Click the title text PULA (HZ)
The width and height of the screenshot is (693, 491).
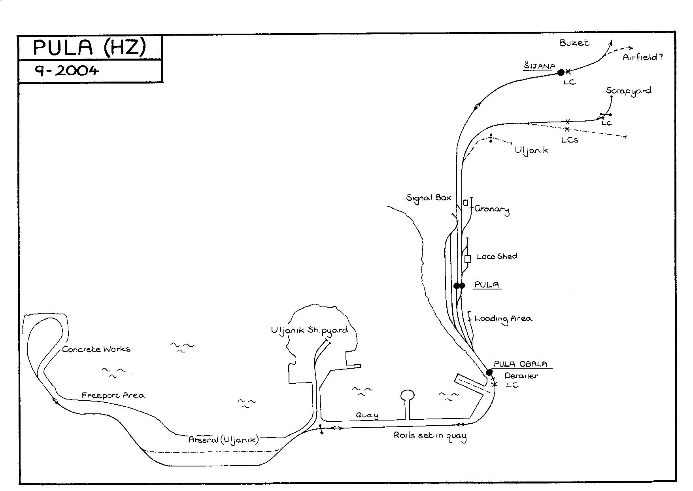pyautogui.click(x=89, y=48)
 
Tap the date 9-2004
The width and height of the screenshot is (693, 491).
pyautogui.click(x=66, y=70)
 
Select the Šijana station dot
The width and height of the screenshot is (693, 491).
pyautogui.click(x=561, y=72)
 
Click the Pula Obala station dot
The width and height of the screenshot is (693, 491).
pyautogui.click(x=489, y=372)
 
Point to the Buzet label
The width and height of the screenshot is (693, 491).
pyautogui.click(x=574, y=43)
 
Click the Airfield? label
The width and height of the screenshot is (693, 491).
pyautogui.click(x=642, y=57)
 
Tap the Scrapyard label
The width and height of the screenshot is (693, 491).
pyautogui.click(x=628, y=91)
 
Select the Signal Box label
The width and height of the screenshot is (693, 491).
pyautogui.click(x=429, y=198)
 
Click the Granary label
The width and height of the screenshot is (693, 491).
pyautogui.click(x=492, y=209)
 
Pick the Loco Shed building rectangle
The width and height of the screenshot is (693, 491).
pyautogui.click(x=468, y=259)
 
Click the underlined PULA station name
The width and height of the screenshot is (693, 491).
pyautogui.click(x=487, y=285)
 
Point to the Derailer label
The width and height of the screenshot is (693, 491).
pyautogui.click(x=521, y=375)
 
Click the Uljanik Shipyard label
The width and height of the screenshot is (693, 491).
pyautogui.click(x=310, y=331)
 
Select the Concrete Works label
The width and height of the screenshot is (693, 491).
pyautogui.click(x=96, y=349)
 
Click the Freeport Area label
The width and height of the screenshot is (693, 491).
pyautogui.click(x=113, y=395)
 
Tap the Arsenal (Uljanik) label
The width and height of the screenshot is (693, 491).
pyautogui.click(x=223, y=440)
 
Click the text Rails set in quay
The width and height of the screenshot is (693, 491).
pyautogui.click(x=430, y=436)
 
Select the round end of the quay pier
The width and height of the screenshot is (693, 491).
pyautogui.click(x=408, y=395)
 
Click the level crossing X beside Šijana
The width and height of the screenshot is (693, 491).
pyautogui.click(x=568, y=72)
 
